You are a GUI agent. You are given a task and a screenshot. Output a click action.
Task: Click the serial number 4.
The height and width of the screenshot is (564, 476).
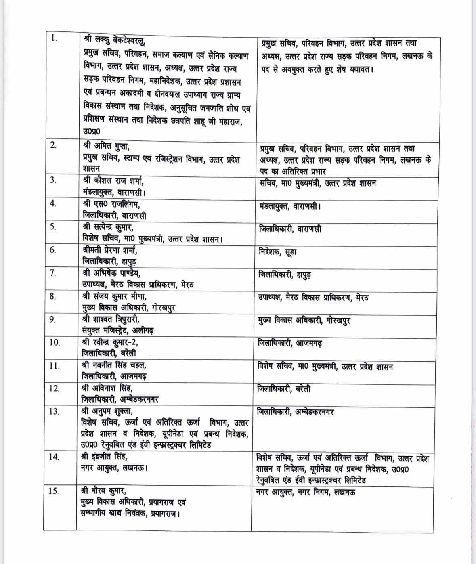click(x=53, y=203)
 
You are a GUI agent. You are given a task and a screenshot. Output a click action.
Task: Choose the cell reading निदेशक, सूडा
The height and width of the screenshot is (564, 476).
click(x=278, y=252)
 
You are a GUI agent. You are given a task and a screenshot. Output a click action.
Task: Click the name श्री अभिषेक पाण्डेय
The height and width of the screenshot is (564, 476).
click(x=111, y=273)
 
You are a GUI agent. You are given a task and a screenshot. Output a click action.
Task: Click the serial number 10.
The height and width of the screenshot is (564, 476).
click(x=55, y=342)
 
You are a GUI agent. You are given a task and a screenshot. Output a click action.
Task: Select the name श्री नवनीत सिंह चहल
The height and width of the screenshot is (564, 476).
click(x=113, y=365)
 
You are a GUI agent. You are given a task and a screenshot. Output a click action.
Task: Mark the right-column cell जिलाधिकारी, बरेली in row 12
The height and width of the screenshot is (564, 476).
click(x=284, y=389)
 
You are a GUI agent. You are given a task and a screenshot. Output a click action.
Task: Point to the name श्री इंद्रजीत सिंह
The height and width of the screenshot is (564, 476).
click(x=104, y=457)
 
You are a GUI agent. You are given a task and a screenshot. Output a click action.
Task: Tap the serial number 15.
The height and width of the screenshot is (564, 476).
click(x=54, y=491)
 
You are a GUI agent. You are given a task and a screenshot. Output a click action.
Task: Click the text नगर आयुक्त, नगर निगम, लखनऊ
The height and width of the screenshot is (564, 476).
click(x=306, y=492)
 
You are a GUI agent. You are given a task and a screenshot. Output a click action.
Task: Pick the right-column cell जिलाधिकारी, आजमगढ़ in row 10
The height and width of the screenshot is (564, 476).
click(x=289, y=343)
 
